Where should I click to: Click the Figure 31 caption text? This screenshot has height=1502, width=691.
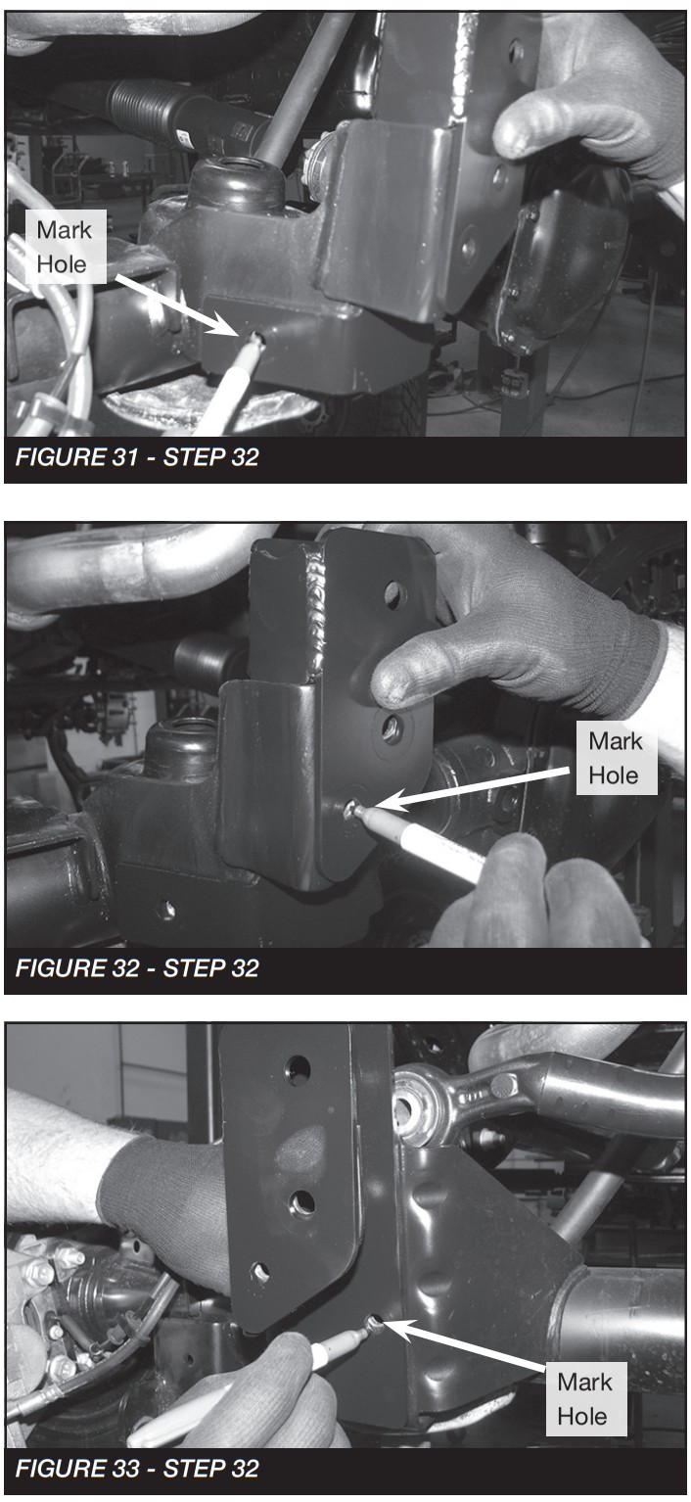[x=137, y=457]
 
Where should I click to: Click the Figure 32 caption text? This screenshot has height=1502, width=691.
[x=137, y=968]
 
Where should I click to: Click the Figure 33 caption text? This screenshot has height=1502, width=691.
[x=137, y=1469]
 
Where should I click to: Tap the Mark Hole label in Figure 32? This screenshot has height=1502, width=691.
[x=616, y=759]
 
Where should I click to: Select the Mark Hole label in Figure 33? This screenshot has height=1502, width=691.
[x=585, y=1399]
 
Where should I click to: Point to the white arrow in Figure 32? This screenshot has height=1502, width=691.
[x=473, y=788]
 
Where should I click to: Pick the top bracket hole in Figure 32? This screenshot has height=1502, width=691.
[x=394, y=594]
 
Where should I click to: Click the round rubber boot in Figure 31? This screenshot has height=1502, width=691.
[x=236, y=185]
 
